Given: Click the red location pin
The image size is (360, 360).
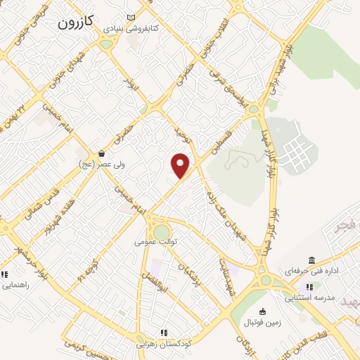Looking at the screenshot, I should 181,165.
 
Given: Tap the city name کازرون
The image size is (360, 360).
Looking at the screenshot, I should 75,22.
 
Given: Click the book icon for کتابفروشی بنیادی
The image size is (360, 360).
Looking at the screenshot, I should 131,18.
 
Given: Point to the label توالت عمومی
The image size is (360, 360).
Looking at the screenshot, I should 154,242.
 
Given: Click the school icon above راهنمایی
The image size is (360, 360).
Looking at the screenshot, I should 5,274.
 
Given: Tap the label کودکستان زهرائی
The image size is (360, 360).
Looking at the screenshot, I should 162,344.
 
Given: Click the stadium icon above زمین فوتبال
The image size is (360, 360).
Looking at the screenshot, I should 263,311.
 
